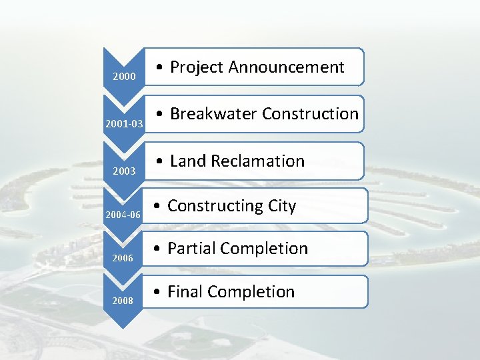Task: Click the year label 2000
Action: pyautogui.click(x=125, y=77)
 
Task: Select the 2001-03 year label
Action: pyautogui.click(x=124, y=124)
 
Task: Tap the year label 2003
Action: pyautogui.click(x=125, y=171)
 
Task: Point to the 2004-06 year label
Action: pyautogui.click(x=123, y=215)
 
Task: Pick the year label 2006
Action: pyautogui.click(x=123, y=257)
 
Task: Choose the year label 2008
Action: pyautogui.click(x=123, y=301)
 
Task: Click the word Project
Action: pyautogui.click(x=197, y=67)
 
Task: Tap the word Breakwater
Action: pyautogui.click(x=213, y=114)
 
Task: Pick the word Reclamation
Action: pyautogui.click(x=257, y=161)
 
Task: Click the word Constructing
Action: pyautogui.click(x=213, y=207)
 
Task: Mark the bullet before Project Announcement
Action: pyautogui.click(x=161, y=68)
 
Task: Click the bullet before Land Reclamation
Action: pyautogui.click(x=161, y=162)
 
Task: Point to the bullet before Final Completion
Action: pyautogui.click(x=159, y=293)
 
